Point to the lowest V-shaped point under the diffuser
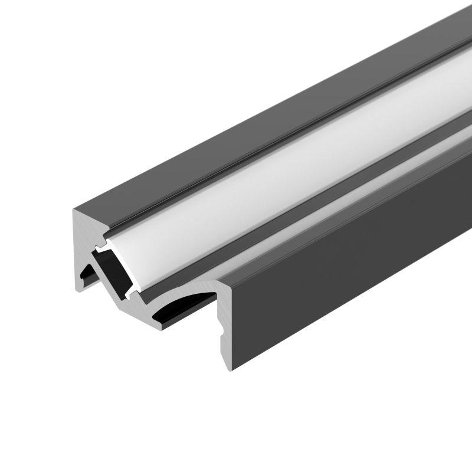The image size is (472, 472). coord(141,301)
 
